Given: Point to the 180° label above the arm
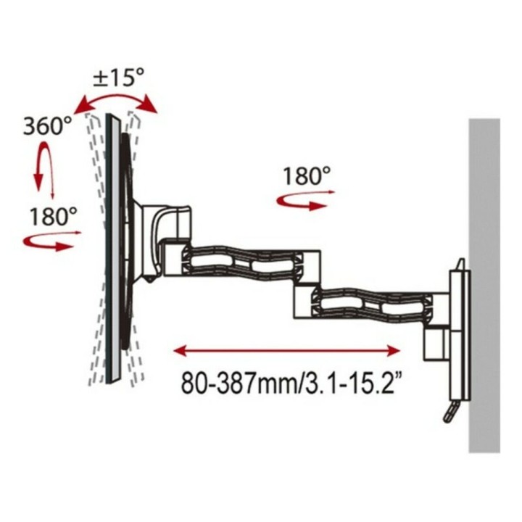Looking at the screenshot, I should pos(307,176).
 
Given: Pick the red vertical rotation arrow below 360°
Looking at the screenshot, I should pos(46,168).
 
